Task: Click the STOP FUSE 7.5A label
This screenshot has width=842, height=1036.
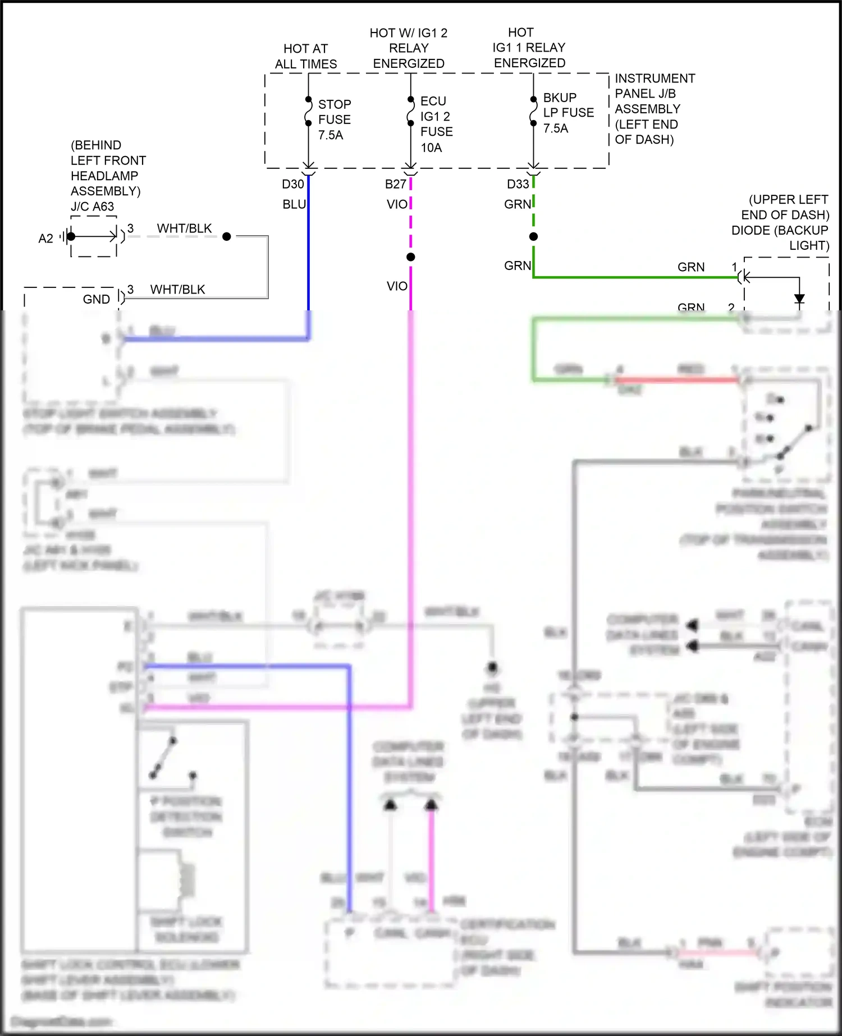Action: click(334, 120)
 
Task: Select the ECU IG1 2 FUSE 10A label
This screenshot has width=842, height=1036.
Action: click(436, 124)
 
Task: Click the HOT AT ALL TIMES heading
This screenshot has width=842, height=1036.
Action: click(306, 57)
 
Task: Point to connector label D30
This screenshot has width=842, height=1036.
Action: click(292, 184)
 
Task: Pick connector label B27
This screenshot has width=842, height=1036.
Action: click(395, 184)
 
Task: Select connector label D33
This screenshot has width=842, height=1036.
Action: click(518, 184)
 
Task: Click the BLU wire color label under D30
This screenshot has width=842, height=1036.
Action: click(294, 204)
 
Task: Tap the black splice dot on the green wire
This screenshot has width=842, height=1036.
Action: click(533, 236)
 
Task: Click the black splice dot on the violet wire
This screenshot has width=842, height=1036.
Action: click(411, 257)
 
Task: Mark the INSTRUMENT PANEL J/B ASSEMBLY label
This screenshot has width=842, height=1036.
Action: click(654, 109)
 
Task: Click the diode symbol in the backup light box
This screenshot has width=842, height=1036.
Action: click(799, 299)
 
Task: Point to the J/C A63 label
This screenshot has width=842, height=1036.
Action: click(92, 207)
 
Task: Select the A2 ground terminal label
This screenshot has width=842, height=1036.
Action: click(45, 239)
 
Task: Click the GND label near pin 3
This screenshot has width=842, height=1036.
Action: click(96, 299)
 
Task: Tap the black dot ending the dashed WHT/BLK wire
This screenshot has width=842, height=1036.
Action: click(227, 236)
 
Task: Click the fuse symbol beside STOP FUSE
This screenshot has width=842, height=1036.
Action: click(308, 112)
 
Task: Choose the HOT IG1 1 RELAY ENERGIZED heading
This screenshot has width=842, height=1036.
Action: click(529, 48)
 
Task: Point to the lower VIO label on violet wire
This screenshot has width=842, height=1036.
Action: click(397, 286)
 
